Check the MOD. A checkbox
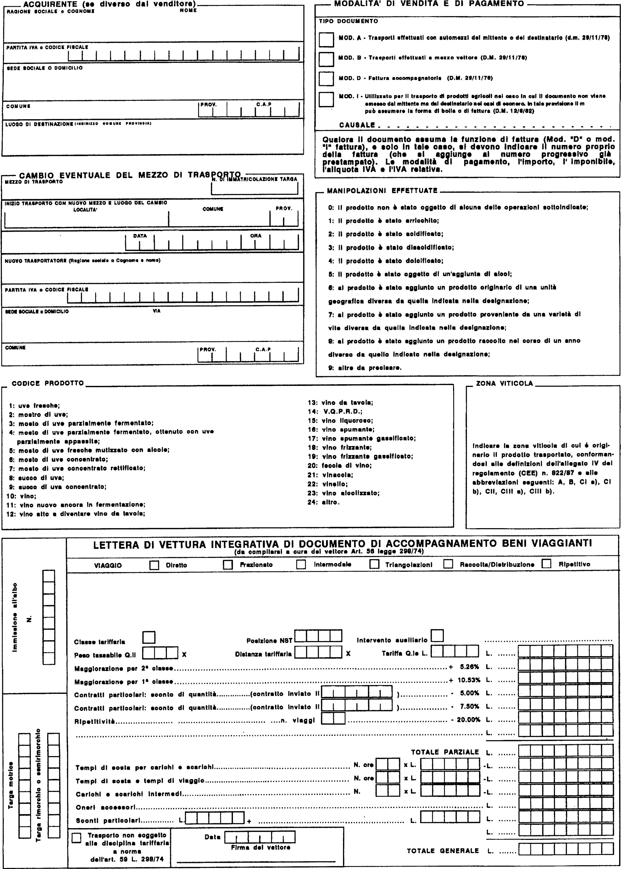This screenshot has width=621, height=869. (x=326, y=39)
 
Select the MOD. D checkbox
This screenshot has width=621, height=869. (x=326, y=79)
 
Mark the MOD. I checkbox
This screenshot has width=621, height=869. (x=326, y=99)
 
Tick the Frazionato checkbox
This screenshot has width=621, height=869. (x=228, y=565)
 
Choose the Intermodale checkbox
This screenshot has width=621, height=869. (x=301, y=565)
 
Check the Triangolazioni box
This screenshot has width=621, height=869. (x=374, y=565)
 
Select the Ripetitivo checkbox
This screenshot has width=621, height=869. (x=547, y=564)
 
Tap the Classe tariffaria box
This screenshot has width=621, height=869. (x=149, y=638)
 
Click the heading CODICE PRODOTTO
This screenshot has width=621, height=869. (x=48, y=383)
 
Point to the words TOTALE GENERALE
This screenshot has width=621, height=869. (x=442, y=851)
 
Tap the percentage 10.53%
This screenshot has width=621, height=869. (x=469, y=680)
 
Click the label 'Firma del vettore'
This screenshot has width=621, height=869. (x=260, y=847)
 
